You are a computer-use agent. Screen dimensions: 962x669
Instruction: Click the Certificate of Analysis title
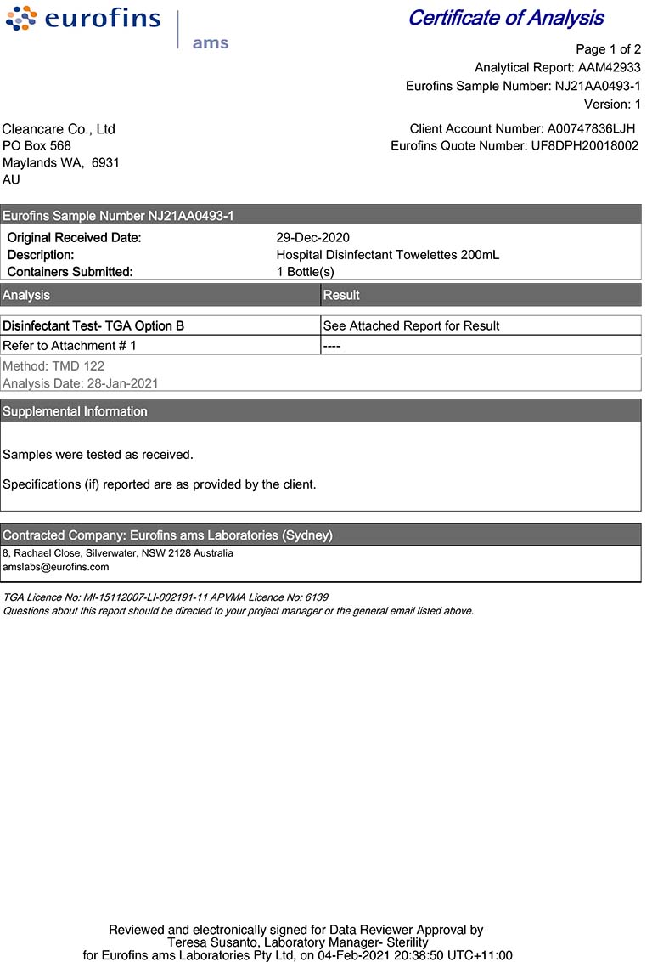506,18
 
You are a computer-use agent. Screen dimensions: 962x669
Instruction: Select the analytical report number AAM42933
609,67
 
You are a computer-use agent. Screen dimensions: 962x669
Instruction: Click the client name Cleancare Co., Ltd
59,129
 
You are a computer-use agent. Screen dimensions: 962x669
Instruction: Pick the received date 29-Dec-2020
312,238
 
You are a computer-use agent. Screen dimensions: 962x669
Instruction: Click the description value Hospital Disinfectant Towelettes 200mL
388,255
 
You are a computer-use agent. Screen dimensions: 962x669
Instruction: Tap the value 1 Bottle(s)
306,272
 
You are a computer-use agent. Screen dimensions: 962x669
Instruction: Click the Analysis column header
26,295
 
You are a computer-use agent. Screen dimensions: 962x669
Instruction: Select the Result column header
341,295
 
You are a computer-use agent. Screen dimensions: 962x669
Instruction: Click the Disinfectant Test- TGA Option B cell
93,325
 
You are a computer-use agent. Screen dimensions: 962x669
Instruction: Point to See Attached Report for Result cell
411,325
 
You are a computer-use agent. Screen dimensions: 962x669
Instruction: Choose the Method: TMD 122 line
53,366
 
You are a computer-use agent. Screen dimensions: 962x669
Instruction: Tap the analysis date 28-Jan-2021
122,383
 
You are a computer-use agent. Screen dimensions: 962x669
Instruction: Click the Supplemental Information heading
75,411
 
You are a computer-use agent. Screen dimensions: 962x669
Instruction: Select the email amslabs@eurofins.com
56,567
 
